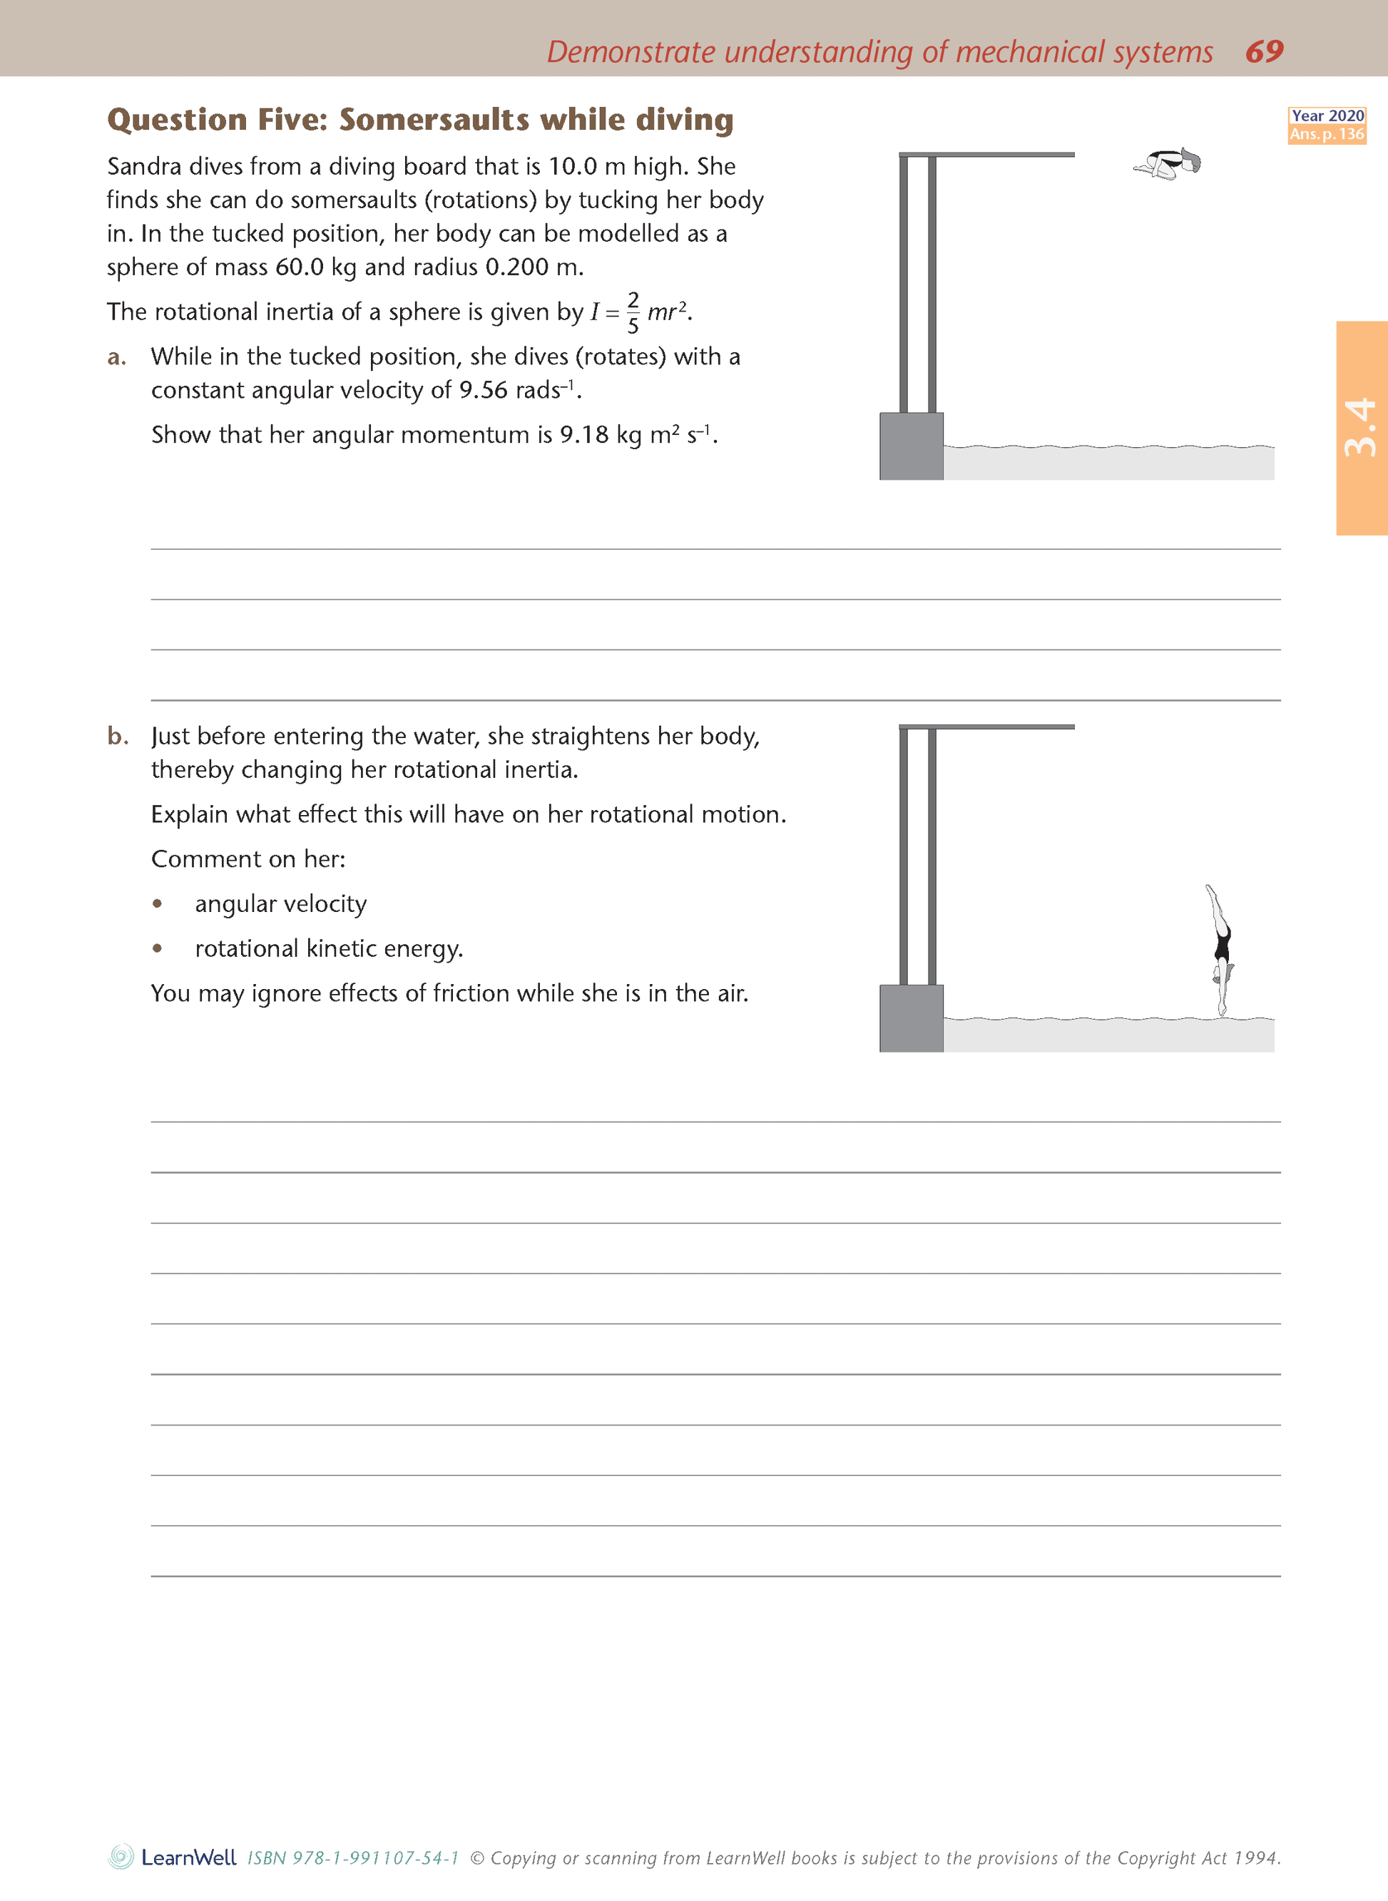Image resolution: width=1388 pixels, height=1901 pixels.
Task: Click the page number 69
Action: [1264, 51]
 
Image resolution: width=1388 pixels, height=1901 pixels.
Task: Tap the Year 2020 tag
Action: [1327, 116]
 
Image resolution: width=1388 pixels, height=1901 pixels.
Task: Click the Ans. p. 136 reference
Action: [1327, 134]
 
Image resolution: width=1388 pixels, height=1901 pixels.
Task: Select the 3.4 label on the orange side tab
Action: [1360, 428]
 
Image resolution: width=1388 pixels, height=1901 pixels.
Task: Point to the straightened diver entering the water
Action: [1222, 948]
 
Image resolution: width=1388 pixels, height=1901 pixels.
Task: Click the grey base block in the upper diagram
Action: [911, 446]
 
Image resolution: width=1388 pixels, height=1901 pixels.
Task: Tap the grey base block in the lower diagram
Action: [911, 1018]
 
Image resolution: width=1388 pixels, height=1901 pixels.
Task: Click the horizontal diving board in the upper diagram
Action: [986, 155]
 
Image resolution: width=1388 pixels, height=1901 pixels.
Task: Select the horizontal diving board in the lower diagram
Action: [986, 727]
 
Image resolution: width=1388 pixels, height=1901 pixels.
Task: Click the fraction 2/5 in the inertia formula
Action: [633, 312]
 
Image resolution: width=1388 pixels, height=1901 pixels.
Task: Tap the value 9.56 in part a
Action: [483, 391]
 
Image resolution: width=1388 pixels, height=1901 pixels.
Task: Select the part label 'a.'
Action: [117, 358]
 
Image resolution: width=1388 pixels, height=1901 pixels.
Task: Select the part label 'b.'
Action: [118, 737]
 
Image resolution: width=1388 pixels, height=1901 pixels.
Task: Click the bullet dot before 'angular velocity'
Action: [157, 904]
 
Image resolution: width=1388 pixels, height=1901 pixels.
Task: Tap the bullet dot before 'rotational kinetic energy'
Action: [157, 948]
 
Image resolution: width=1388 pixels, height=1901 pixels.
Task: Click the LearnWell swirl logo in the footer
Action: [121, 1858]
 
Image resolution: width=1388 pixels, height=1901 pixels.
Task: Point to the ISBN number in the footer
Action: [353, 1858]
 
